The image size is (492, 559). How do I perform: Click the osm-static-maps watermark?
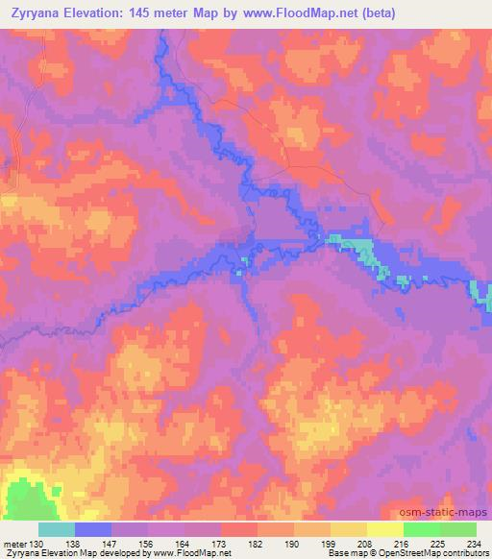tap(443, 514)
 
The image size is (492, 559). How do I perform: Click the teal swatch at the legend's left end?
tap(56, 529)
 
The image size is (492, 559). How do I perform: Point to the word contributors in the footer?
tap(464, 553)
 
